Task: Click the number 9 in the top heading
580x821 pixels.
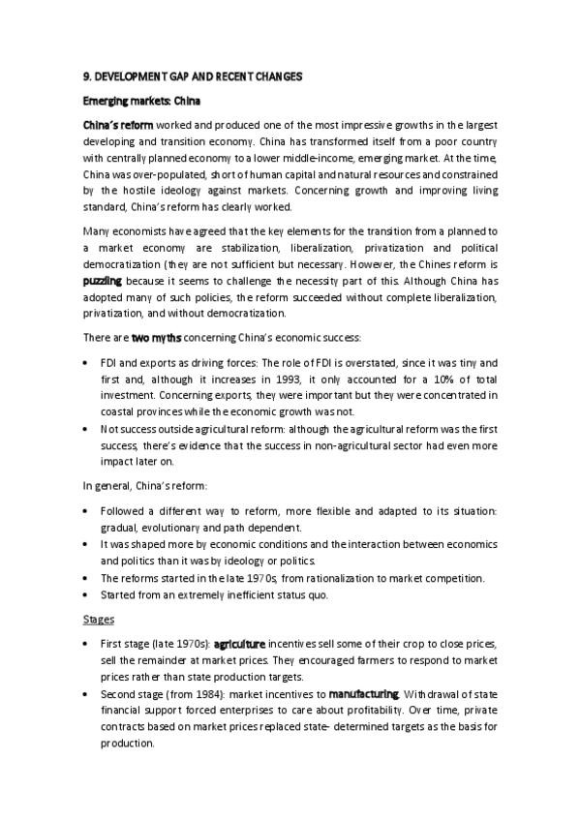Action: [84, 76]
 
